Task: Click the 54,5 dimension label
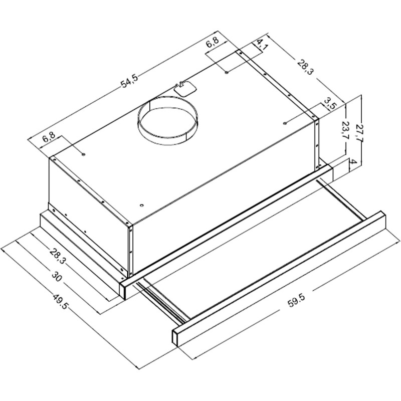[129, 81]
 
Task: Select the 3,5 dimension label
[329, 104]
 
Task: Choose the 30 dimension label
[57, 277]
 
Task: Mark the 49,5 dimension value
[60, 302]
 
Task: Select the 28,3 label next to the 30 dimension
[58, 256]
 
